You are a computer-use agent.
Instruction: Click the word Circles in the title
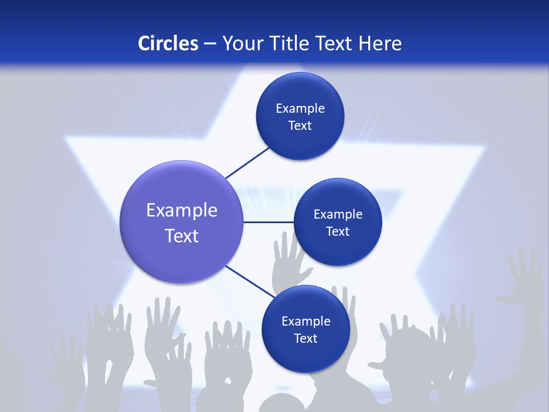coord(168,43)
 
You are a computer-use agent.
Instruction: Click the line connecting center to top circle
coord(247,163)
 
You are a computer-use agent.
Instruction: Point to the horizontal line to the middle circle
coord(268,222)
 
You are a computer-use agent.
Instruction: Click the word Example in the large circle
coord(181,210)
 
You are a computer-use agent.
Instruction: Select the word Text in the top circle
coord(300,125)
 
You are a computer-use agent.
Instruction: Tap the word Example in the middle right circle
coord(337,214)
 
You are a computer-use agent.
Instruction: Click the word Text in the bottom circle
coord(305,338)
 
